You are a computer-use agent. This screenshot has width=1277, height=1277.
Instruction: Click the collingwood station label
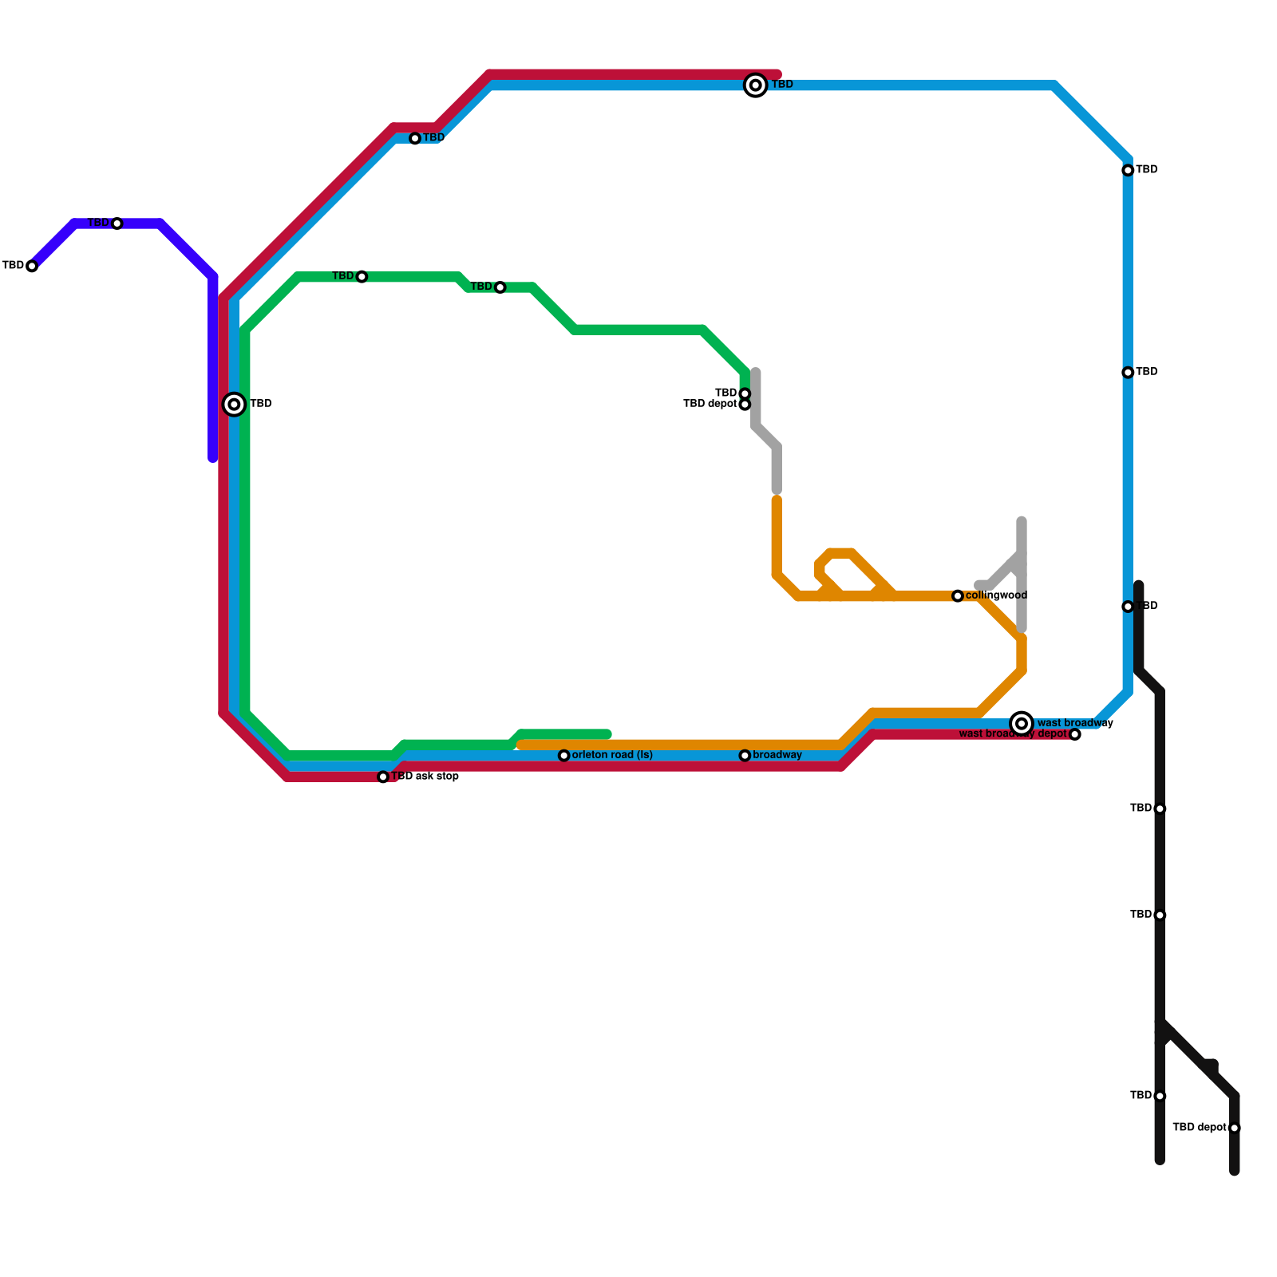tap(996, 595)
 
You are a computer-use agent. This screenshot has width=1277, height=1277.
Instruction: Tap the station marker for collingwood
tap(958, 596)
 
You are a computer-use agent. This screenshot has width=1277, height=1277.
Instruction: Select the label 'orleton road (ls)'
tap(612, 755)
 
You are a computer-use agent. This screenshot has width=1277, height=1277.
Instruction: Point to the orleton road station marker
tap(564, 756)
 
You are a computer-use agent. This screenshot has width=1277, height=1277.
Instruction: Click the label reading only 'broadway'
tap(777, 755)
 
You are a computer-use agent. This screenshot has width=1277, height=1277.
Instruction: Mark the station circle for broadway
tap(745, 756)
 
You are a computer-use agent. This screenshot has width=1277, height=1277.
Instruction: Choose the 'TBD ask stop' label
tap(425, 777)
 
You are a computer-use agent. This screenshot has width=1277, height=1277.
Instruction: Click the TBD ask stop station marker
tap(383, 777)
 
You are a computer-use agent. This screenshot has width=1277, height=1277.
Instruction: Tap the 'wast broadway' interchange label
tap(1075, 723)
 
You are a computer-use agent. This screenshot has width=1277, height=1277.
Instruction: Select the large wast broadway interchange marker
tap(1022, 723)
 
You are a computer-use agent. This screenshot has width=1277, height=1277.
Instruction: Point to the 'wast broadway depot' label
tap(1012, 734)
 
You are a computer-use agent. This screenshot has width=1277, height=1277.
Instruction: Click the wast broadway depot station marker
tap(1075, 734)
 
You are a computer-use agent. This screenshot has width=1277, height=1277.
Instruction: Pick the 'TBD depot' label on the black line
tap(1199, 1128)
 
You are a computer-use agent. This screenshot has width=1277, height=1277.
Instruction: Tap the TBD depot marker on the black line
tap(1235, 1128)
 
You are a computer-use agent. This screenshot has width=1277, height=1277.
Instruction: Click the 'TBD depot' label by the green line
tap(710, 404)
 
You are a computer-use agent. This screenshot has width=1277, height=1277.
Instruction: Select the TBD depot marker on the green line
tap(745, 405)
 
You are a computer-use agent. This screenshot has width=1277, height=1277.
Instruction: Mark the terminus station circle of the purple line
tap(32, 266)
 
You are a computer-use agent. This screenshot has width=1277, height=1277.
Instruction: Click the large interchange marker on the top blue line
tap(756, 85)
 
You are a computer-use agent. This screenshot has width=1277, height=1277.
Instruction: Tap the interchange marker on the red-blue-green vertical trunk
tap(234, 405)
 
